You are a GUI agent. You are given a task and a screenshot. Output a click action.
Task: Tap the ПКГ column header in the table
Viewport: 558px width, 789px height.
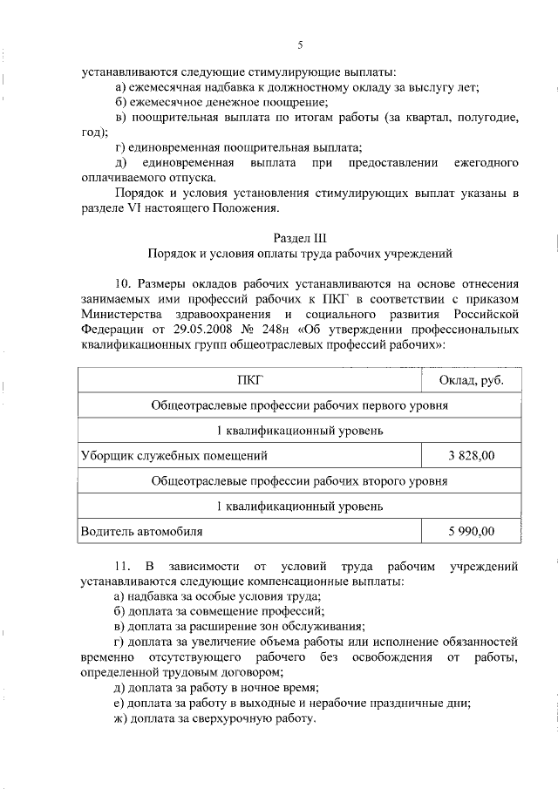249,381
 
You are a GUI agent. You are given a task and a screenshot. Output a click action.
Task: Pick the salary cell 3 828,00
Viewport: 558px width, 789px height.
471,455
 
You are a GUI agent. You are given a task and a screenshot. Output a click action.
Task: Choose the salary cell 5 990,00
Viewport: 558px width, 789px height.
471,530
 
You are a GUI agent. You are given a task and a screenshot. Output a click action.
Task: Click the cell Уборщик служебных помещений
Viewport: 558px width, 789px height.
174,455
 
